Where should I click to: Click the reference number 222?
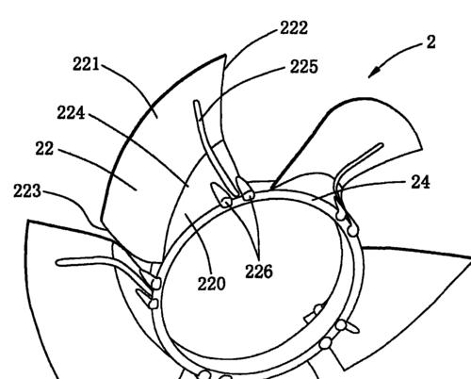point(294,27)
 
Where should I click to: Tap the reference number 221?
point(86,64)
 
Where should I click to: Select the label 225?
point(303,67)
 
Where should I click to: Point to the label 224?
point(71,112)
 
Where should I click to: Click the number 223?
point(27,190)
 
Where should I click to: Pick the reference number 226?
point(259,272)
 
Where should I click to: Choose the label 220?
point(211,284)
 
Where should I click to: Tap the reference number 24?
point(420,182)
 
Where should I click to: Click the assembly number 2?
point(431,42)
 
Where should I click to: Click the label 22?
point(44,148)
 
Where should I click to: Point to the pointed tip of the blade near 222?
point(225,55)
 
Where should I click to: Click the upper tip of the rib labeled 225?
point(196,102)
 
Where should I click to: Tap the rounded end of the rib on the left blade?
point(58,262)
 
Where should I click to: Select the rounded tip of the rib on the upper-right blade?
point(382,145)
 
